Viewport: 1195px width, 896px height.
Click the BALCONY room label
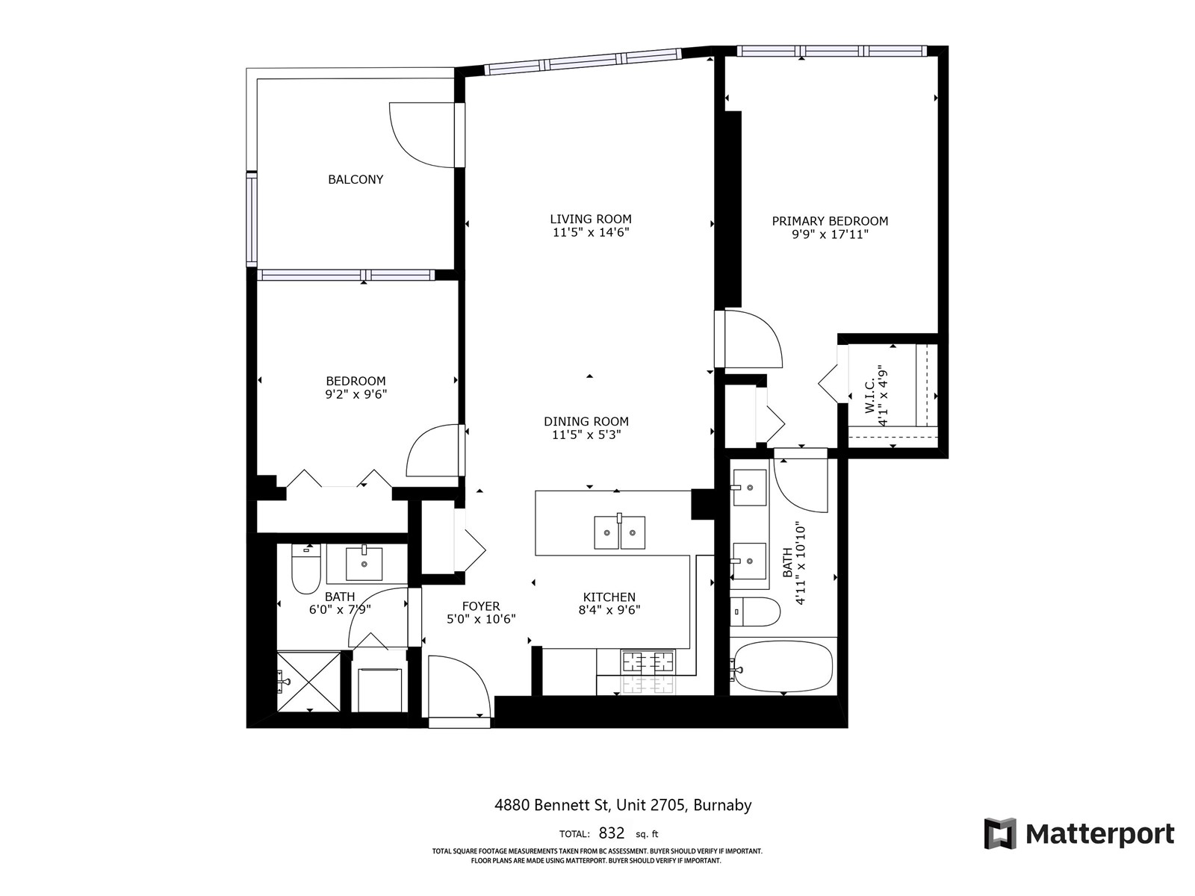tap(356, 179)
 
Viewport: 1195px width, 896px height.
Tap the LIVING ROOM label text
tap(591, 219)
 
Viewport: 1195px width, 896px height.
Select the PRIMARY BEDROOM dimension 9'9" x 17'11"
tap(830, 234)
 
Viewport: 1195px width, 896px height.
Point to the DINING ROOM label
tap(586, 421)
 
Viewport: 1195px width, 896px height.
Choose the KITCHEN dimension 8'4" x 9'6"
tap(609, 610)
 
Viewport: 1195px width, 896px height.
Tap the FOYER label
tap(481, 606)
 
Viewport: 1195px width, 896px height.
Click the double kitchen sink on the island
tap(620, 532)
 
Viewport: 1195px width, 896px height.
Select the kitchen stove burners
tap(648, 662)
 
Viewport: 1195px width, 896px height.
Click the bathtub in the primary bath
tap(782, 667)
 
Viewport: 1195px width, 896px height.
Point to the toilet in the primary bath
tap(754, 612)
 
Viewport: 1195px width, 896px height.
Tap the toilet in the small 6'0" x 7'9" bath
tap(306, 569)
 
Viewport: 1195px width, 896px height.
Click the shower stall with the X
tap(308, 681)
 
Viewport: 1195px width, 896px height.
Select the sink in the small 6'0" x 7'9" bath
tap(364, 564)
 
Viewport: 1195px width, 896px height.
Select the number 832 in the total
tap(612, 833)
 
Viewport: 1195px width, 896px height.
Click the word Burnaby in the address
tap(722, 805)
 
